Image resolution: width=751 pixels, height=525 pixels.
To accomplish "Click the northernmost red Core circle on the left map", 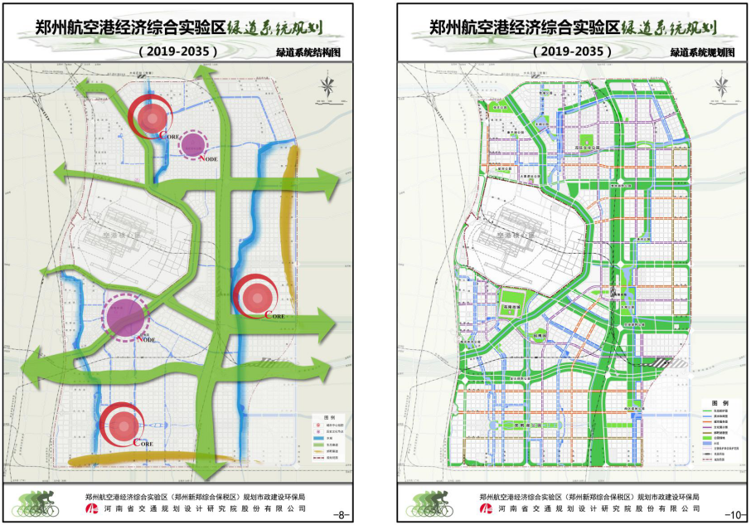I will click(150, 118).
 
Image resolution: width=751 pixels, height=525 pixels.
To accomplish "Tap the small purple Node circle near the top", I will click(193, 145).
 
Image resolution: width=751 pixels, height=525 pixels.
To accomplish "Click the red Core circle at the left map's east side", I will click(256, 296).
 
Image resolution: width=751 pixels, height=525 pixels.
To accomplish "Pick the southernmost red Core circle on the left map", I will click(123, 424).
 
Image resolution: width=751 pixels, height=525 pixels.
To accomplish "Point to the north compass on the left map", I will click(329, 86).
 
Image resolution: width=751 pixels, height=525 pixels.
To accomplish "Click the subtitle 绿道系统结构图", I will click(308, 51).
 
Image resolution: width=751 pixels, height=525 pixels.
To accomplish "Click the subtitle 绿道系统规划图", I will click(703, 51).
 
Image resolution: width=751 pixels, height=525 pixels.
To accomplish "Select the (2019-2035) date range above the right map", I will click(573, 51).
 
